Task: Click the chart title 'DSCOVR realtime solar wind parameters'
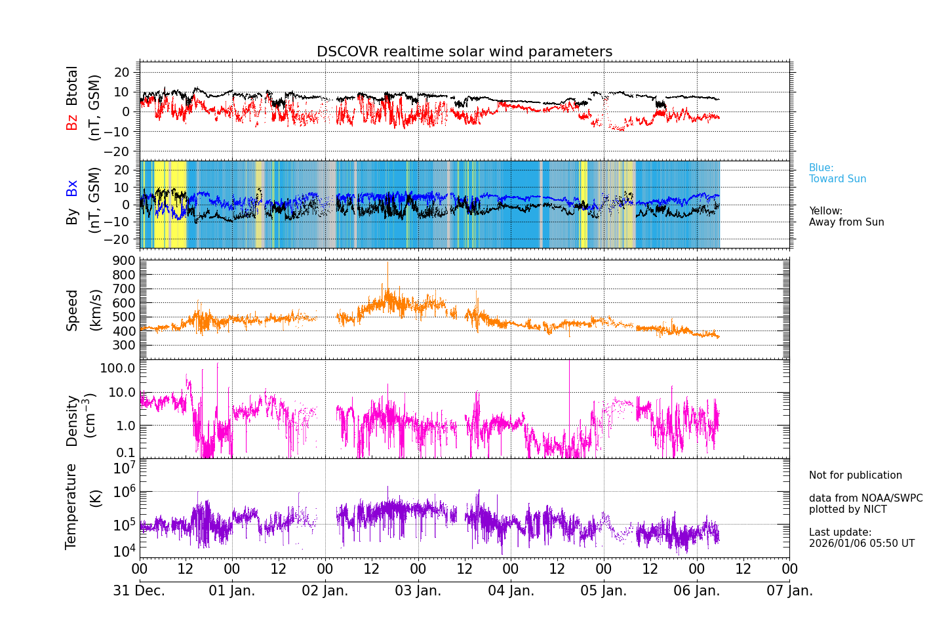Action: tap(464, 52)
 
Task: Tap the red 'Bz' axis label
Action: tap(72, 122)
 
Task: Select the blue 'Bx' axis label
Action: tap(72, 188)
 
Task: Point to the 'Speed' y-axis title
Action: tap(72, 310)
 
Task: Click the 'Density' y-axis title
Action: tap(72, 420)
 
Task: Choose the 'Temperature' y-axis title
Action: tap(71, 506)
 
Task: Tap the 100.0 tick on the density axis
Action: tap(118, 368)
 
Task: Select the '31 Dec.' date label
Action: tap(139, 591)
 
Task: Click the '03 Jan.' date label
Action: tap(418, 591)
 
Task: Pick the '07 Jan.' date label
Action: tap(789, 591)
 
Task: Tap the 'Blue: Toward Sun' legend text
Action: tap(837, 174)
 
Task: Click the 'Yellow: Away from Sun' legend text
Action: tap(846, 217)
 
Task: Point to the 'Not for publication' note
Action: tap(855, 475)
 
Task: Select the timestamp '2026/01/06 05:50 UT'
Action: tap(861, 544)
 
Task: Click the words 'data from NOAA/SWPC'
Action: tap(865, 498)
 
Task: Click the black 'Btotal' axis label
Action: tap(72, 85)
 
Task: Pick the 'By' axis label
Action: tap(72, 217)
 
